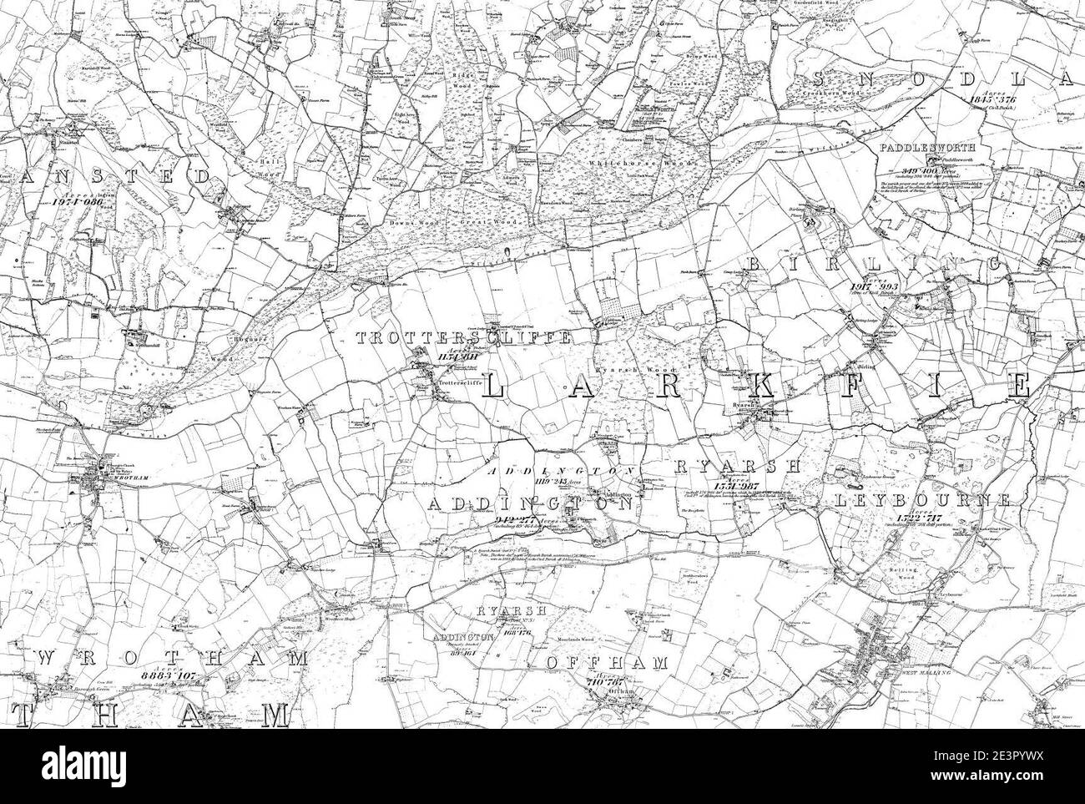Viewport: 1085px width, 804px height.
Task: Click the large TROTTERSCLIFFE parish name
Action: tap(463, 338)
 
